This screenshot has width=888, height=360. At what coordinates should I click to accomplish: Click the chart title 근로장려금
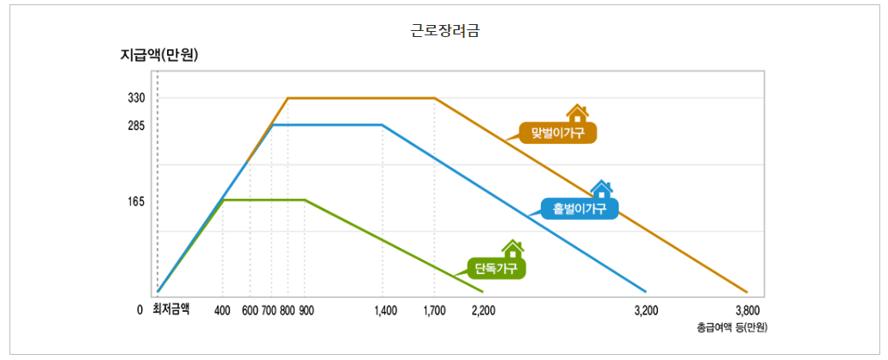pyautogui.click(x=444, y=32)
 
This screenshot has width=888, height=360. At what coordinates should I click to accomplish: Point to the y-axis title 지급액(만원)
pyautogui.click(x=160, y=57)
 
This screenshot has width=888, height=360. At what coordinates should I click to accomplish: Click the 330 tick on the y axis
pyautogui.click(x=136, y=98)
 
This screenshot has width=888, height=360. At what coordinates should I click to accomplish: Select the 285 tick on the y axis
pyautogui.click(x=136, y=126)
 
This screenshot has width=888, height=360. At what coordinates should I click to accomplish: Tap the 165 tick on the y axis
pyautogui.click(x=136, y=202)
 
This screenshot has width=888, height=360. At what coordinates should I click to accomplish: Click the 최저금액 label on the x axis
pyautogui.click(x=171, y=309)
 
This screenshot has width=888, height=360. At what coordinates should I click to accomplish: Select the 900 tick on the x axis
pyautogui.click(x=307, y=310)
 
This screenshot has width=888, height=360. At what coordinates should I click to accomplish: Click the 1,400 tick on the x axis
pyautogui.click(x=386, y=310)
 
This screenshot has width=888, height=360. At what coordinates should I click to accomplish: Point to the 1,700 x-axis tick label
pyautogui.click(x=434, y=310)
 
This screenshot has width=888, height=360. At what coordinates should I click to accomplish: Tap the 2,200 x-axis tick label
pyautogui.click(x=484, y=310)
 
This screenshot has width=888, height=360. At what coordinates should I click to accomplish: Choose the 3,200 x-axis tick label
pyautogui.click(x=646, y=310)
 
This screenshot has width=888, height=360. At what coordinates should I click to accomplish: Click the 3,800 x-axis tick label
pyautogui.click(x=748, y=310)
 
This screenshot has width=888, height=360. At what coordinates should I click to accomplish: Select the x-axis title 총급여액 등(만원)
pyautogui.click(x=731, y=328)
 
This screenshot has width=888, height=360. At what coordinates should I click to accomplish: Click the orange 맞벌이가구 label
pyautogui.click(x=558, y=133)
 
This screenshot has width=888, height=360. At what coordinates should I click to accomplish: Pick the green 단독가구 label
pyautogui.click(x=497, y=268)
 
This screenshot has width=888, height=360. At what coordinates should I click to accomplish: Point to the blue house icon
pyautogui.click(x=601, y=189)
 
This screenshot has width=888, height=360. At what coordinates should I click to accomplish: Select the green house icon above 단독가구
pyautogui.click(x=512, y=248)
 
